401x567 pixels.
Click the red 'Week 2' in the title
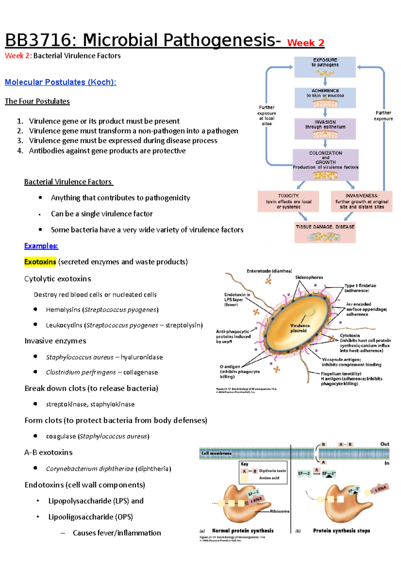[305, 43]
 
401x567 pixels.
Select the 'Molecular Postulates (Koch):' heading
[60, 82]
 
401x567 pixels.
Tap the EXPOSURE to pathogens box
[325, 67]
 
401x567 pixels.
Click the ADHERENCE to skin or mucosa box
[325, 98]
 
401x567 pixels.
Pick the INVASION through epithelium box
[325, 129]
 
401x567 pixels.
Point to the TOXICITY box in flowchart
[288, 201]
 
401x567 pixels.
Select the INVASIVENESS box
[362, 201]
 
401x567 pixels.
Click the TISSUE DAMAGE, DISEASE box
[325, 232]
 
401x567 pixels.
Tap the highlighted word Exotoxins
[40, 262]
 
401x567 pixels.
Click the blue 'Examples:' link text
[41, 246]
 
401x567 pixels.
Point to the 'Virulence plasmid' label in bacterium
[299, 328]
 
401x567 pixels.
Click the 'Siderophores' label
[309, 277]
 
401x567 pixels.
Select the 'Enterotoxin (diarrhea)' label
[269, 271]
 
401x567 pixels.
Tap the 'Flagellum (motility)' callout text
[341, 374]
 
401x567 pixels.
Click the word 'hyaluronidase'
[142, 357]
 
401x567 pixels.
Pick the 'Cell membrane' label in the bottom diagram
[217, 453]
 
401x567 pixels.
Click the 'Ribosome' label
[279, 511]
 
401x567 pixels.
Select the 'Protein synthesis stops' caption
[341, 531]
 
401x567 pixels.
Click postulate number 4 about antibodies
[107, 151]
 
